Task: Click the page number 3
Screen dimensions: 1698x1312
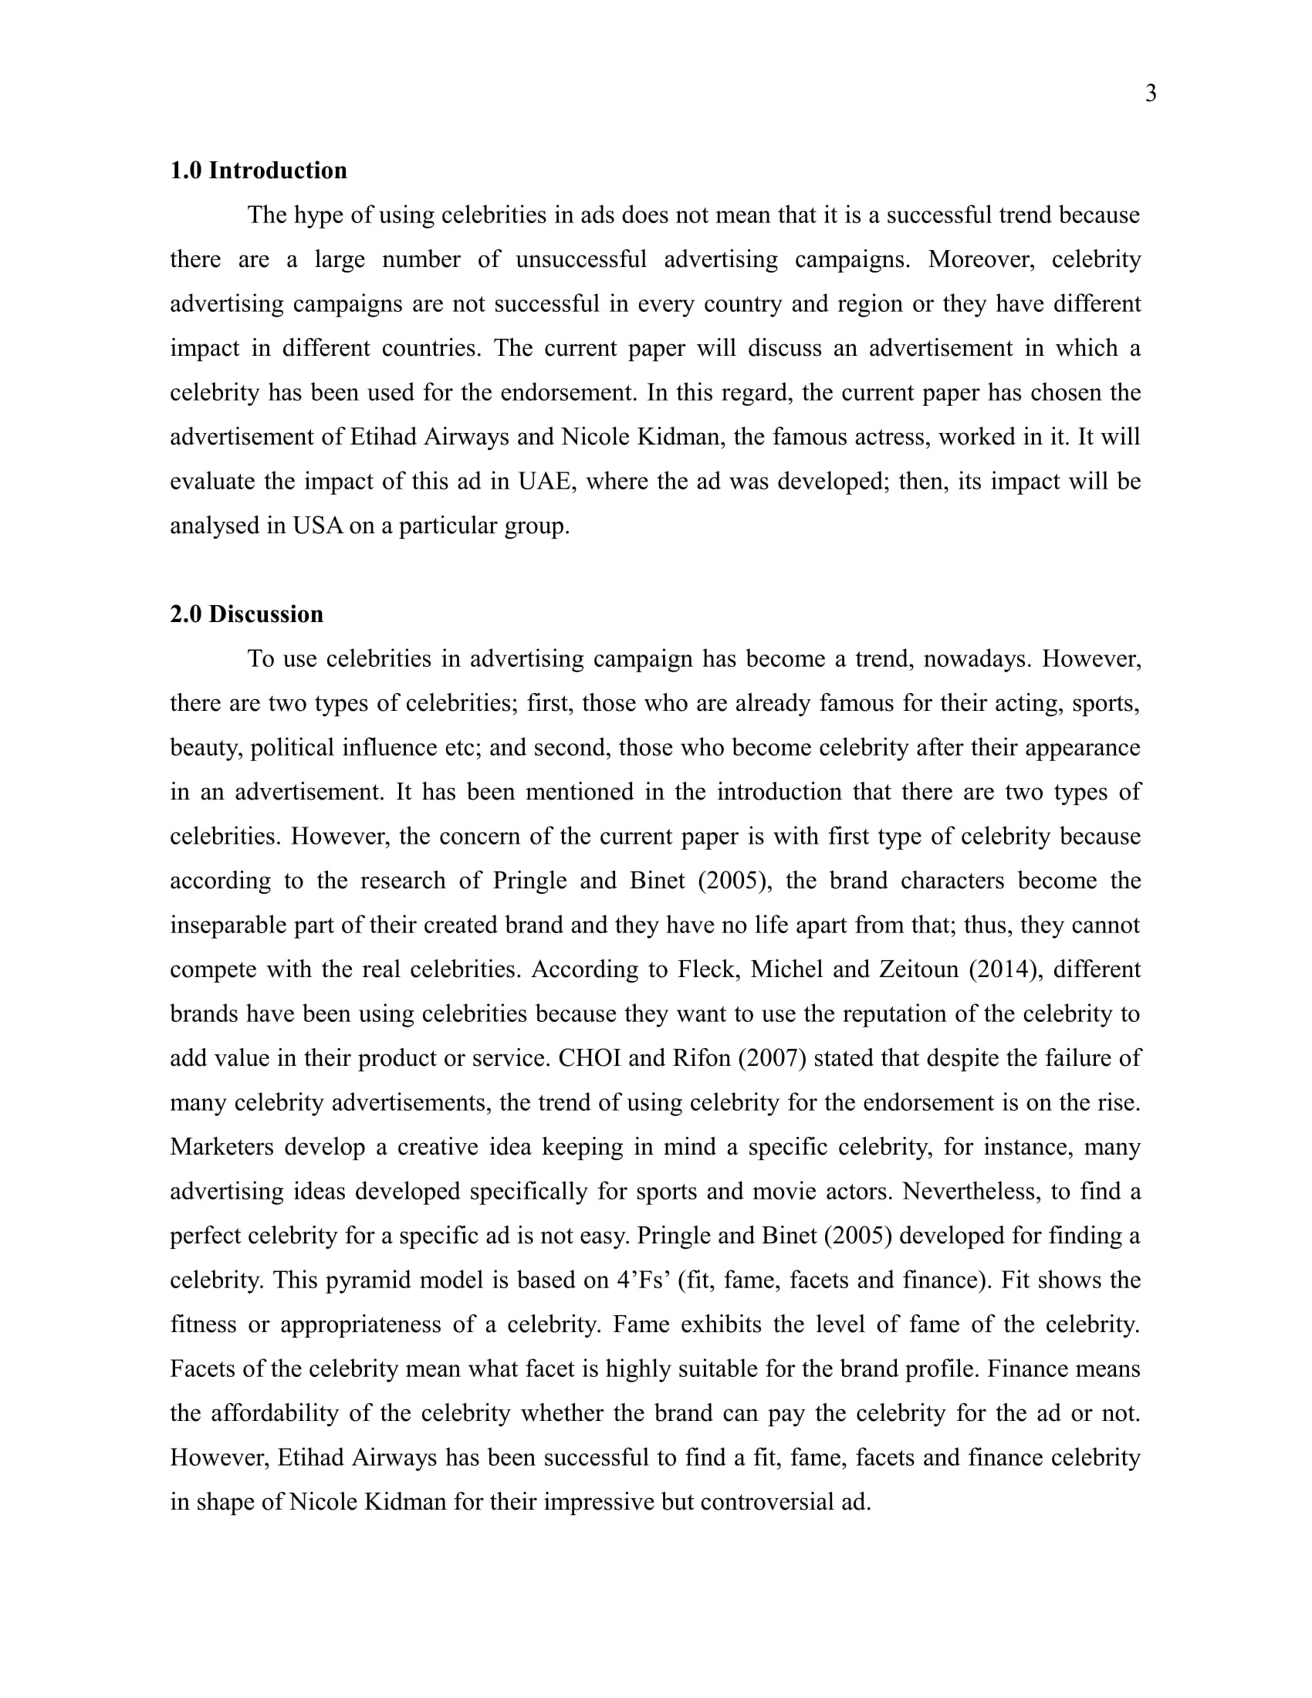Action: [x=1151, y=93]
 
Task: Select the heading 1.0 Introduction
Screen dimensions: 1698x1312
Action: [x=258, y=171]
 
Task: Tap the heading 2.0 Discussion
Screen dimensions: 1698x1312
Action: [x=246, y=614]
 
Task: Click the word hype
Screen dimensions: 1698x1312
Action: [x=319, y=215]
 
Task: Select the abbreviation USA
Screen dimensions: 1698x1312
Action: [x=317, y=526]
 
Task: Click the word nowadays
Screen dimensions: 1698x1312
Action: [x=965, y=658]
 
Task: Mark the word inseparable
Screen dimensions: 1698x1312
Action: [x=228, y=925]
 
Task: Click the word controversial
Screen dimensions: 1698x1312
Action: [x=767, y=1501]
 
